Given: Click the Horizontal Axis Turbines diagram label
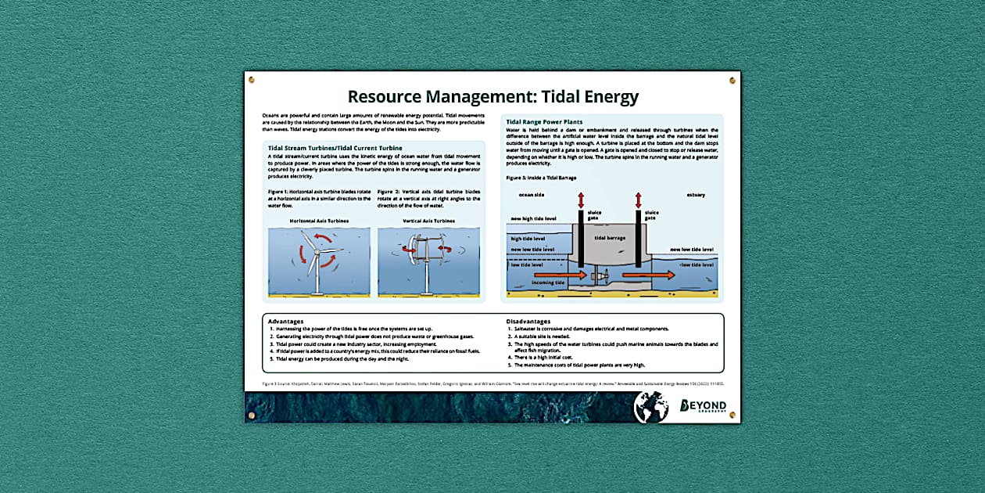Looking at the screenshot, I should click(319, 221).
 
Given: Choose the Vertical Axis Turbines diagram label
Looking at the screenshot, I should click(428, 221).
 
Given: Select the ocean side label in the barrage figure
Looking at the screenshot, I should click(531, 194).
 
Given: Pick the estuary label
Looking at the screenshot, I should click(696, 194).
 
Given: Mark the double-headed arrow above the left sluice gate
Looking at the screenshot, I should click(581, 200).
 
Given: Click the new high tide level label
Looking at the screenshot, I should click(534, 218).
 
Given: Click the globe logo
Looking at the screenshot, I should click(650, 407).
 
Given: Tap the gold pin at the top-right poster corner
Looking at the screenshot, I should click(732, 81).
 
